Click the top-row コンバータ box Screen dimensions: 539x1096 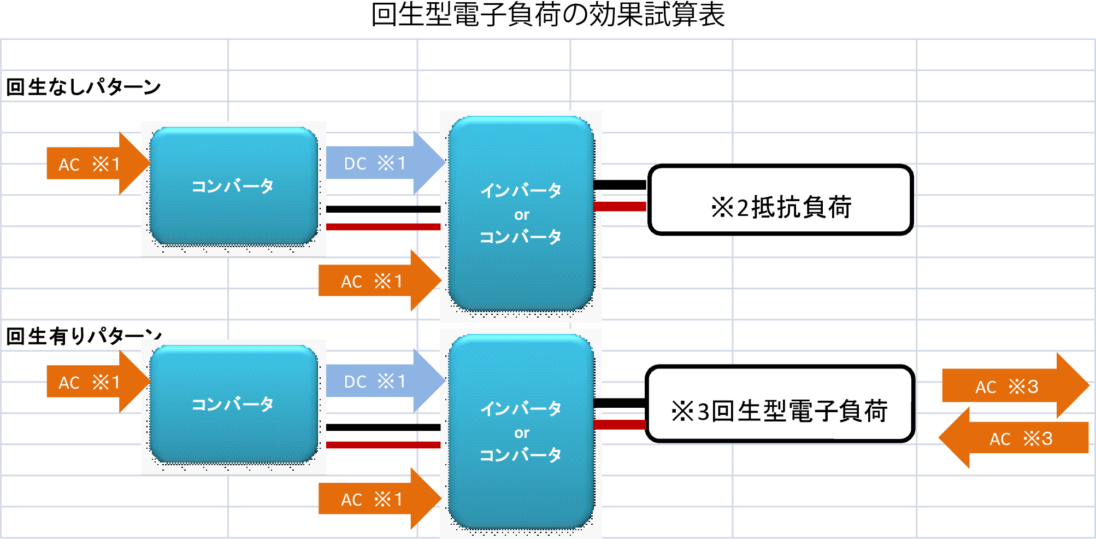click(233, 186)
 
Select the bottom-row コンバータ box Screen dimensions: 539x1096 click(233, 404)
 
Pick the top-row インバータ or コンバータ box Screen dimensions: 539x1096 click(521, 213)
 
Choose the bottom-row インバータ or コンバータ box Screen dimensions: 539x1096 click(521, 431)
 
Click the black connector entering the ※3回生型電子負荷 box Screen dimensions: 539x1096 click(620, 403)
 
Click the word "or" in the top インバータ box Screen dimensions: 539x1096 click(522, 215)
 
